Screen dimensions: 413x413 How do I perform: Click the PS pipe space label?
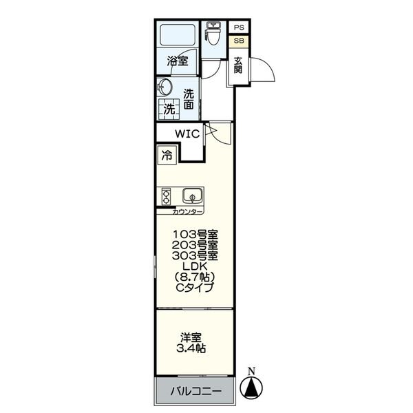[x=239, y=28]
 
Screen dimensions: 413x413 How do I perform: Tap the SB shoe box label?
[x=239, y=41]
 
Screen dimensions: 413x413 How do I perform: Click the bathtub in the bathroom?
[x=178, y=35]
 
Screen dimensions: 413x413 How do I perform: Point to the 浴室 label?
[x=178, y=61]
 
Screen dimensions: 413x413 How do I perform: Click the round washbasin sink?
[x=165, y=87]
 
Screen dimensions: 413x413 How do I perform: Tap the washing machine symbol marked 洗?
[x=169, y=109]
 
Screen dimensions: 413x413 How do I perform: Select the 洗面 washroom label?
[x=189, y=99]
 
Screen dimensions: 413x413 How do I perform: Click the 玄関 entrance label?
[x=238, y=65]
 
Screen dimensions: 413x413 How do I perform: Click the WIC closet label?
[x=187, y=134]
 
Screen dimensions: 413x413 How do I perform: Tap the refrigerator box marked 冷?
[x=167, y=156]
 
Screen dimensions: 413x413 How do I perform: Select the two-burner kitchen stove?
[x=166, y=197]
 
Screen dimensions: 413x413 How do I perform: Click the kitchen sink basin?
[x=193, y=195]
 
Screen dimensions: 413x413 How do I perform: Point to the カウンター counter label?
[x=187, y=212]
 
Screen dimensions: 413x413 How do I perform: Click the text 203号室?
[x=195, y=245]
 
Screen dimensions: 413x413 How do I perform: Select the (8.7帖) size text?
[x=195, y=277]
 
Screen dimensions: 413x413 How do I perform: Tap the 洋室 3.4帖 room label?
[x=191, y=343]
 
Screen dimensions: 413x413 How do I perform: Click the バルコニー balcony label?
[x=196, y=391]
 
